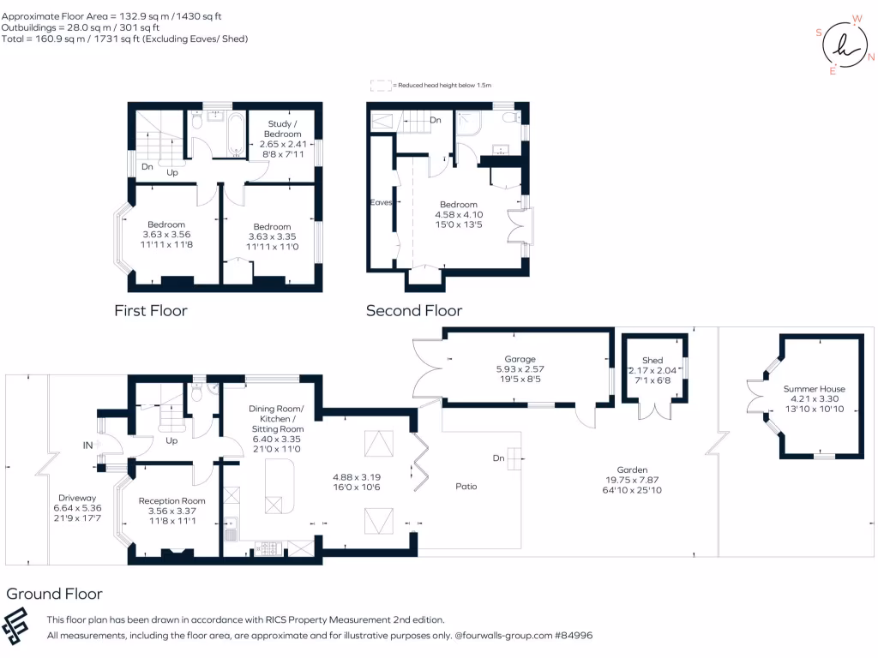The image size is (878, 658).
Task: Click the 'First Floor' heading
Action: [x=151, y=310]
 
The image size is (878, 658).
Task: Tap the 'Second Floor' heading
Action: [x=414, y=310]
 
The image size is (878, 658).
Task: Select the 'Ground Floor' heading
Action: [x=54, y=594]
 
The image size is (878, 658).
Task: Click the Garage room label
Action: [x=520, y=359]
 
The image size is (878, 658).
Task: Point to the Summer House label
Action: [x=815, y=389]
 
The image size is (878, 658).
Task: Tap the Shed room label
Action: [x=652, y=361]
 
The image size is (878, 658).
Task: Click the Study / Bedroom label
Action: [x=283, y=129]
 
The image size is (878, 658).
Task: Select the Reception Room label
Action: [x=171, y=500]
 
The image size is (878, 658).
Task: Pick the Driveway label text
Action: [x=77, y=498]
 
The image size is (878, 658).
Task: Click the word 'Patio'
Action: [x=466, y=487]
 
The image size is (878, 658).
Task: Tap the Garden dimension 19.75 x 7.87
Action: [x=632, y=480]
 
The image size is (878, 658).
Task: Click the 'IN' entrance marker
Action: [x=88, y=446]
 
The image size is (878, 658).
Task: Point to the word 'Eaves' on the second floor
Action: [x=381, y=202]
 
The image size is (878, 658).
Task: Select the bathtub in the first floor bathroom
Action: [x=237, y=135]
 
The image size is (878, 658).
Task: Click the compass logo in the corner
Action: [x=845, y=45]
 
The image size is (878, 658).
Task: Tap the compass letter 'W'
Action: [x=857, y=19]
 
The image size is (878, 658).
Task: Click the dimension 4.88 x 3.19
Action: [x=357, y=477]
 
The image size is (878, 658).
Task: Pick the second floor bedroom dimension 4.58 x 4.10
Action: [x=459, y=215]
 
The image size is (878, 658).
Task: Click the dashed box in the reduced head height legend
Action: [x=381, y=86]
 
